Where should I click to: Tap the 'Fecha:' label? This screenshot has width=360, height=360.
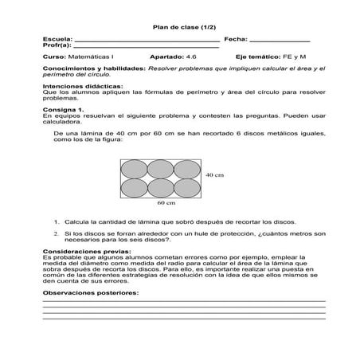[x=236, y=39]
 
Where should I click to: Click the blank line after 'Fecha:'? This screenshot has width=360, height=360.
[x=280, y=40]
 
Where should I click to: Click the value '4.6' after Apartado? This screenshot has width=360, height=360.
[x=190, y=57]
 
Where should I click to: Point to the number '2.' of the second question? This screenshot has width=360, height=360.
[x=57, y=233]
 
